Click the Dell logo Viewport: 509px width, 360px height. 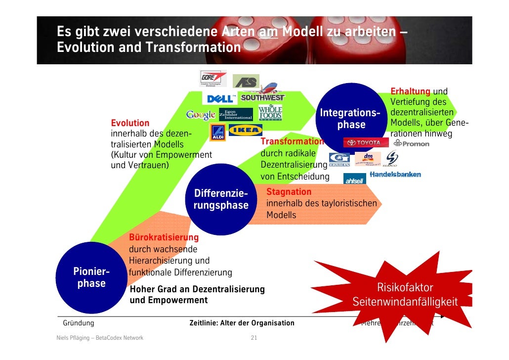tap(220, 99)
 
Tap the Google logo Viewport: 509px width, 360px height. tap(201, 115)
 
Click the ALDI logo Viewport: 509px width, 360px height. tap(217, 133)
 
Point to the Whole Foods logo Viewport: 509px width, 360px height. tap(270, 112)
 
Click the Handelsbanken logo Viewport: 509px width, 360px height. tap(395, 175)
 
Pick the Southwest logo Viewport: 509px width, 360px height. tap(262, 97)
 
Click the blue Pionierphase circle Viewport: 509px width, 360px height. tap(90, 277)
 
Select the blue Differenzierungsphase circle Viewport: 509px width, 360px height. tap(221, 199)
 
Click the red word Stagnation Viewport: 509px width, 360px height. tap(289, 192)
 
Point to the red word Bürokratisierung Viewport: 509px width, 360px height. tap(164, 238)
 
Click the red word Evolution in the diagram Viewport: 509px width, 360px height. tap(130, 123)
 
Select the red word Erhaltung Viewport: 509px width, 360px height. tap(410, 91)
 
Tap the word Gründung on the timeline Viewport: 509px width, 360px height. tap(78, 323)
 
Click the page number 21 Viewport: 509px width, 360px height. tap(254, 338)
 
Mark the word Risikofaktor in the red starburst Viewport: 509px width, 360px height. tap(405, 287)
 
